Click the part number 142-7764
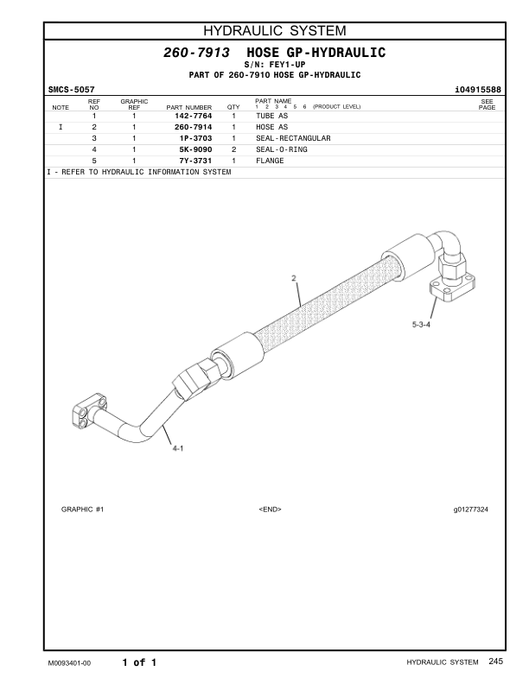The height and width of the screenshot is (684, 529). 193,116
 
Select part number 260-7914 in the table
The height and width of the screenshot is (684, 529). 193,127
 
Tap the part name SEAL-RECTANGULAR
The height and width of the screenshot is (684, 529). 293,138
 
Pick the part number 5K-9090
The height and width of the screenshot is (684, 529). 194,149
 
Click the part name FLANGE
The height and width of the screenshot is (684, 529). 270,161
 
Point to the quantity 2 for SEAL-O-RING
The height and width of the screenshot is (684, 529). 233,149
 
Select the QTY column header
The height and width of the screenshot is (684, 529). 233,108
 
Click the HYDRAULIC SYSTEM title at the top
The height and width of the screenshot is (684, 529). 264,32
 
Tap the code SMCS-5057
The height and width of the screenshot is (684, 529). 71,89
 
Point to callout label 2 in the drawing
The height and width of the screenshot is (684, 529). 294,278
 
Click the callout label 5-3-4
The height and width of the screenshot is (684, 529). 420,325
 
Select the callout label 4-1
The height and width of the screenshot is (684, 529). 177,448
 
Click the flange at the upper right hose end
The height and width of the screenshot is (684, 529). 453,286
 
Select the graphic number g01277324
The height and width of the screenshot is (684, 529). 470,510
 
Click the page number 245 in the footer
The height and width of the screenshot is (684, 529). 494,662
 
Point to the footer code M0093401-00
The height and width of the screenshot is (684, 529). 69,662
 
